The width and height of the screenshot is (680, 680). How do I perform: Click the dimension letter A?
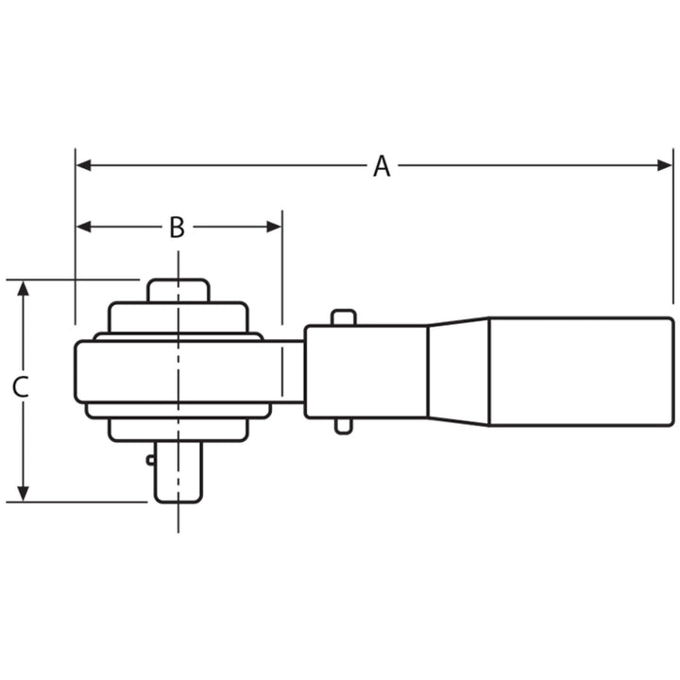381,167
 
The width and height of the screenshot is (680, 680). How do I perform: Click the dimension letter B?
177,228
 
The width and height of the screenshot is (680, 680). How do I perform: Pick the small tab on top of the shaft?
343,317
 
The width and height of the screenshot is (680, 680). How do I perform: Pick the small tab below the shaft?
343,426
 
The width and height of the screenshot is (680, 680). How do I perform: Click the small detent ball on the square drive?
150,461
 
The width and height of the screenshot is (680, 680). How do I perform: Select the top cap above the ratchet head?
177,290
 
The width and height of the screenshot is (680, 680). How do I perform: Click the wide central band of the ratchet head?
178,372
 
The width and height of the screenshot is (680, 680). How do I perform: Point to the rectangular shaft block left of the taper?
365,372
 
